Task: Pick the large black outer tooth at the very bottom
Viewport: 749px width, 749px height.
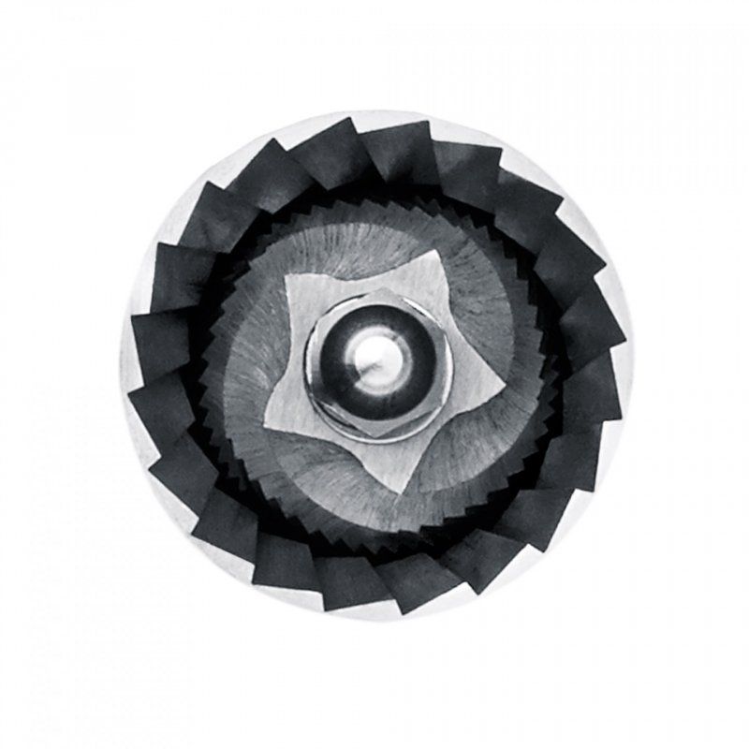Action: pos(374,590)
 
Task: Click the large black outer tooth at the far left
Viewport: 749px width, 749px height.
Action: pos(154,374)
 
